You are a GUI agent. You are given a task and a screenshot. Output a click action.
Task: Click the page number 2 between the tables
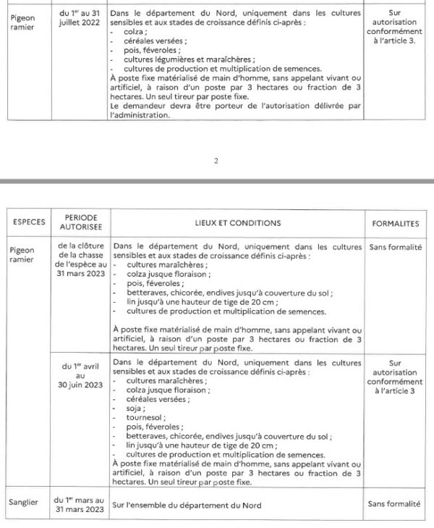216,161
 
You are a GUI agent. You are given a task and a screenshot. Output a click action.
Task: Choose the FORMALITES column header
395,223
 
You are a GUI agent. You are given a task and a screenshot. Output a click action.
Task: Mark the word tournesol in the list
144,418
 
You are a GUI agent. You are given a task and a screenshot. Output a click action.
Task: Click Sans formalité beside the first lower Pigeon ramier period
395,247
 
